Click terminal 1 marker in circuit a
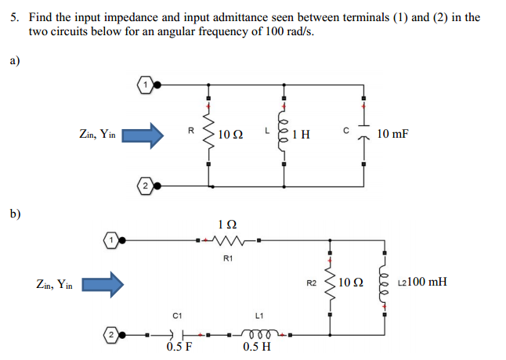[143, 82]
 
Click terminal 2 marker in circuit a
[145, 185]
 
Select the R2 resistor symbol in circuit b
[330, 282]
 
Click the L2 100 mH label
[422, 281]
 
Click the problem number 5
[14, 16]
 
